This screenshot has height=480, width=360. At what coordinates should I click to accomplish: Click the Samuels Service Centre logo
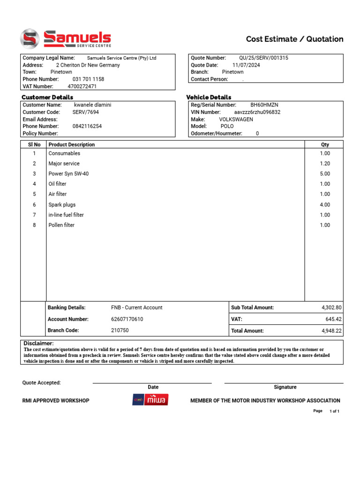(65, 38)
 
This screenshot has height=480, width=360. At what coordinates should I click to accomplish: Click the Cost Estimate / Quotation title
(294, 39)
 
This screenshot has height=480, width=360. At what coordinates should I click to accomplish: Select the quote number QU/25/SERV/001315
(263, 58)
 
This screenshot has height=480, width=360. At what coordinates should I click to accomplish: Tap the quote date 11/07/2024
(246, 65)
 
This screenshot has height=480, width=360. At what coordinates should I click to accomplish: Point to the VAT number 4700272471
(82, 87)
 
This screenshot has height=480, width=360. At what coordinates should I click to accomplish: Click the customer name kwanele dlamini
(93, 105)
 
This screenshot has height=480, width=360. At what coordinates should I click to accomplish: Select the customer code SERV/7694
(86, 112)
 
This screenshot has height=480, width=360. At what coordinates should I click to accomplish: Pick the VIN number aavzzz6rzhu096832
(257, 112)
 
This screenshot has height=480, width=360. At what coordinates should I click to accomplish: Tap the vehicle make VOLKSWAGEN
(236, 120)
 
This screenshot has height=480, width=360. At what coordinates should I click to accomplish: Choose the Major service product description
(64, 164)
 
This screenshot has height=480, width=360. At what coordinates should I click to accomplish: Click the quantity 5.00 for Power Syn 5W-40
(325, 174)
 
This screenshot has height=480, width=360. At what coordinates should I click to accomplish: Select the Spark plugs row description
(62, 205)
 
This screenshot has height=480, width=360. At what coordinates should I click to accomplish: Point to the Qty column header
(325, 145)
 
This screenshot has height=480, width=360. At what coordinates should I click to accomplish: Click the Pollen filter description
(61, 225)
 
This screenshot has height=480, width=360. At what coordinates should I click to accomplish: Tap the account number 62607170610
(127, 319)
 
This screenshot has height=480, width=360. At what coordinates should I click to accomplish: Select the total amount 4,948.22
(331, 331)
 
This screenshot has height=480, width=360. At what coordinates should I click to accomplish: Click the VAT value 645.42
(334, 319)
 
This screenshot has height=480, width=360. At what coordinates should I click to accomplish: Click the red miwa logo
(156, 400)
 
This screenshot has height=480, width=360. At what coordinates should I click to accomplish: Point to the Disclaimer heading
(38, 344)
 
